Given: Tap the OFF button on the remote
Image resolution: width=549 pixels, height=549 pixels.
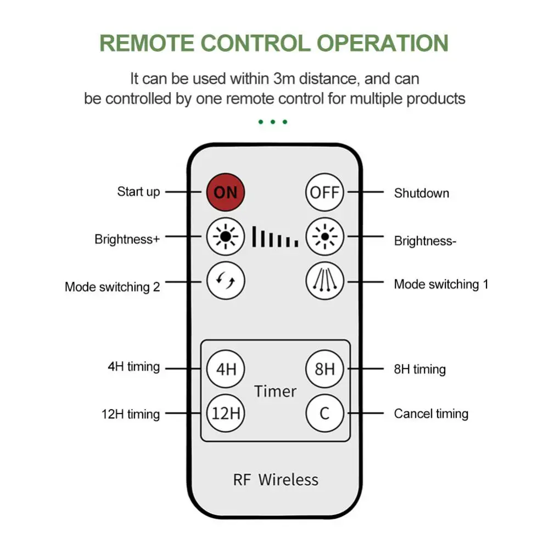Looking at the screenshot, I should (324, 193).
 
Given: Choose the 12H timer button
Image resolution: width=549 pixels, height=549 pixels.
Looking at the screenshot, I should (226, 413).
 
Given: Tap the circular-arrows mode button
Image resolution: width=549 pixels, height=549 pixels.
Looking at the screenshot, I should (226, 281).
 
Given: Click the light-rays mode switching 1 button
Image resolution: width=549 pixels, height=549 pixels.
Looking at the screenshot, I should (324, 281).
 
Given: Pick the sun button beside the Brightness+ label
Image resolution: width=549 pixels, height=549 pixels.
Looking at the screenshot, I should (226, 237).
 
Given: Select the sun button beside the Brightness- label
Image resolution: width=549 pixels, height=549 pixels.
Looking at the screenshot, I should (324, 237).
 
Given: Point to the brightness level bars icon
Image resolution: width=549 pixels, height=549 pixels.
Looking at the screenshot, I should (275, 237).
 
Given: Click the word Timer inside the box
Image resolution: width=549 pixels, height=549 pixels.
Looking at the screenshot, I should (275, 391).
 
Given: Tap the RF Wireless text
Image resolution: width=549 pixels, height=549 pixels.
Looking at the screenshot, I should (276, 479).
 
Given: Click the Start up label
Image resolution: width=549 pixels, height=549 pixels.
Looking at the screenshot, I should (138, 192).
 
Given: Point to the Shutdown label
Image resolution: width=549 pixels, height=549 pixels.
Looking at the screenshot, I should (421, 193).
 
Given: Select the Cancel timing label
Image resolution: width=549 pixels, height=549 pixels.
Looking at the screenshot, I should (431, 413).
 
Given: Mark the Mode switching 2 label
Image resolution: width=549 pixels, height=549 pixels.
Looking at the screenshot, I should (113, 287).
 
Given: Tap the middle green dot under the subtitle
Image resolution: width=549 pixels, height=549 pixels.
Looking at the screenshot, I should (273, 122).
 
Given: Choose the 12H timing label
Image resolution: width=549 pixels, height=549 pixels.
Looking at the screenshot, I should (131, 414).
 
